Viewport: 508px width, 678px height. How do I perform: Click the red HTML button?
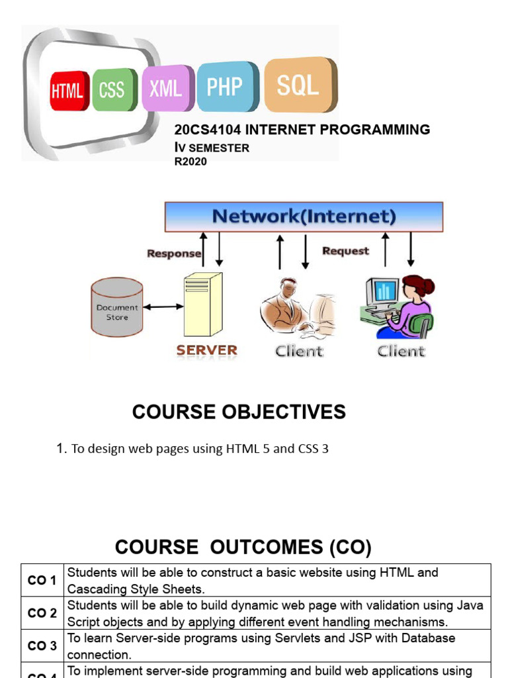(68, 91)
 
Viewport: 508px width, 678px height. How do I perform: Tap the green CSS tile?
(113, 89)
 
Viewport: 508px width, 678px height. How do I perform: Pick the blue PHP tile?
(226, 86)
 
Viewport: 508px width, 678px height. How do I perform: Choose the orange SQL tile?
(299, 84)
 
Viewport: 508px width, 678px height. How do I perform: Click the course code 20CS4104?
(202, 130)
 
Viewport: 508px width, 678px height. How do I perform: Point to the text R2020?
(190, 162)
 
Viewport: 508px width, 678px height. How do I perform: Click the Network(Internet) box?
(304, 217)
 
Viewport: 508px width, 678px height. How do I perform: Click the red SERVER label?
(206, 350)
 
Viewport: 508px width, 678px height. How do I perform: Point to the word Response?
(173, 253)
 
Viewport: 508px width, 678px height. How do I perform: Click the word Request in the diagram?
(345, 251)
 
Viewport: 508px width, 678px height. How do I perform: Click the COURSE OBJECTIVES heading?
(239, 412)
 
